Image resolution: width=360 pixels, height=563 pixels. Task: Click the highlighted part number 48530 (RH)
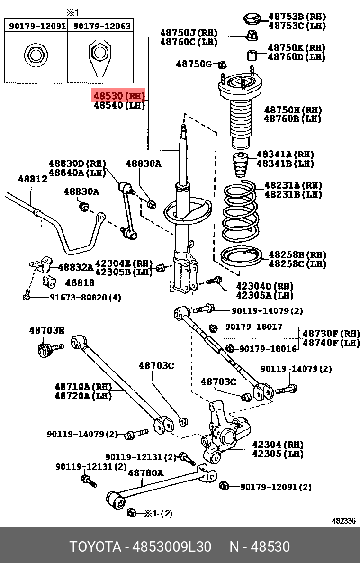[118, 96]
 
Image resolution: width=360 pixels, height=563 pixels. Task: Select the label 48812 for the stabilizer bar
[32, 179]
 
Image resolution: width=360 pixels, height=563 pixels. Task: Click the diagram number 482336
[343, 520]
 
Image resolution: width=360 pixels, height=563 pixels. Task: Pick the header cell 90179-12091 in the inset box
[37, 26]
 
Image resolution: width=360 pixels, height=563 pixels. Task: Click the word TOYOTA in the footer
[95, 546]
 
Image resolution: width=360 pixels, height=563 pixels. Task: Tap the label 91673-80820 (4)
[85, 298]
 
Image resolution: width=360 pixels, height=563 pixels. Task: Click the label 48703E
[46, 330]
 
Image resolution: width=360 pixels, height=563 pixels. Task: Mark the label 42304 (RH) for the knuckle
[277, 445]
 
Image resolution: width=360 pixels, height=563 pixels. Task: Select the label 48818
[80, 282]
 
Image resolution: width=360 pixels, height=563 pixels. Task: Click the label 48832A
[75, 267]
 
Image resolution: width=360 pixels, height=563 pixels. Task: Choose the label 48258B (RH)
[297, 255]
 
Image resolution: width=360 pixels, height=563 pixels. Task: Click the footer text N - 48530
[260, 546]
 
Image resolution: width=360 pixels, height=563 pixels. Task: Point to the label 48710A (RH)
[83, 386]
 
